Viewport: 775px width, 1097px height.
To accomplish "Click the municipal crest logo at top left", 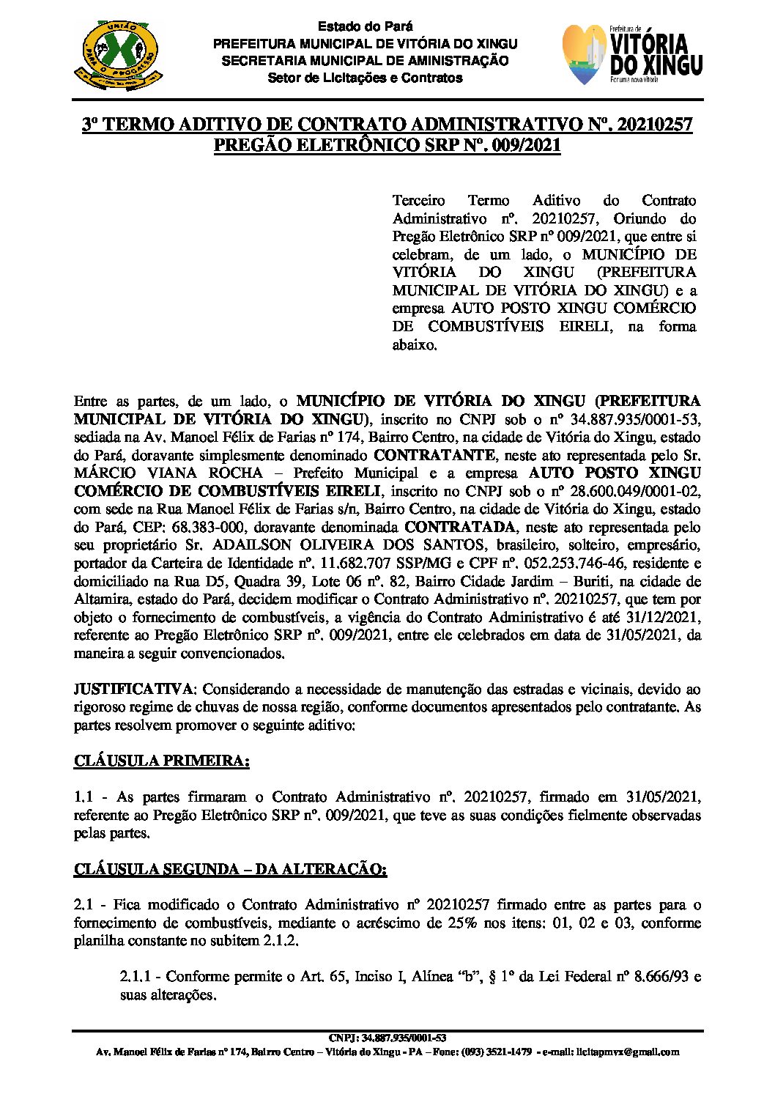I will [117, 55].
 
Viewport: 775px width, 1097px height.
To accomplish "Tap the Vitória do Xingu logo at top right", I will [632, 55].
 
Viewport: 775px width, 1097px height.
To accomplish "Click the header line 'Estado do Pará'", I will [365, 27].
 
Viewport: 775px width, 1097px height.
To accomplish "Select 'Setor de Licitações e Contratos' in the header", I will [365, 78].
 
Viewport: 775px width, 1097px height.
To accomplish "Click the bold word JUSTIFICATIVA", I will [134, 689].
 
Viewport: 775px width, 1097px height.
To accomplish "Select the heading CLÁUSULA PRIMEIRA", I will [161, 761].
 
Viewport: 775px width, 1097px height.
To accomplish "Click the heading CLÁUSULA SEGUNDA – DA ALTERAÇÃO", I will [230, 869].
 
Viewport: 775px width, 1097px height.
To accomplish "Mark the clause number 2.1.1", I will [139, 977].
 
